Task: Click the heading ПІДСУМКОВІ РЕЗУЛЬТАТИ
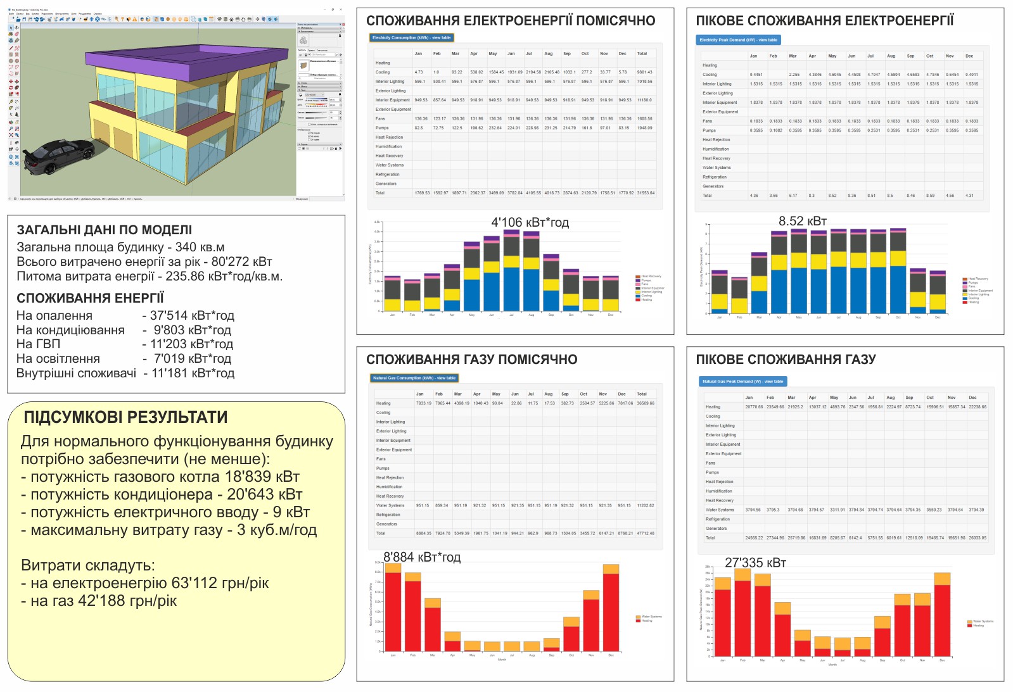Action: tap(125, 417)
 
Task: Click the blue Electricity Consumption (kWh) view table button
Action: tap(411, 38)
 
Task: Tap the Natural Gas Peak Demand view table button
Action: tap(742, 382)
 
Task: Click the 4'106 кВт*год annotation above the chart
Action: tap(530, 223)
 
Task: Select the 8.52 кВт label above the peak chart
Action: tap(802, 221)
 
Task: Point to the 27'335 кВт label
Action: tap(755, 563)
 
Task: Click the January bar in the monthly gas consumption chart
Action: tap(393, 608)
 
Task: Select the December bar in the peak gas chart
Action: tap(942, 617)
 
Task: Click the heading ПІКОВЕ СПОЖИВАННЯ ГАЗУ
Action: tap(786, 360)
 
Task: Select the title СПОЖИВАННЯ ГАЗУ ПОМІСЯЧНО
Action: tap(471, 360)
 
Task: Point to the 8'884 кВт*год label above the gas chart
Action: tap(422, 557)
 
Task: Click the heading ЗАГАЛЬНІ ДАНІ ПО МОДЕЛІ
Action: tap(104, 230)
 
